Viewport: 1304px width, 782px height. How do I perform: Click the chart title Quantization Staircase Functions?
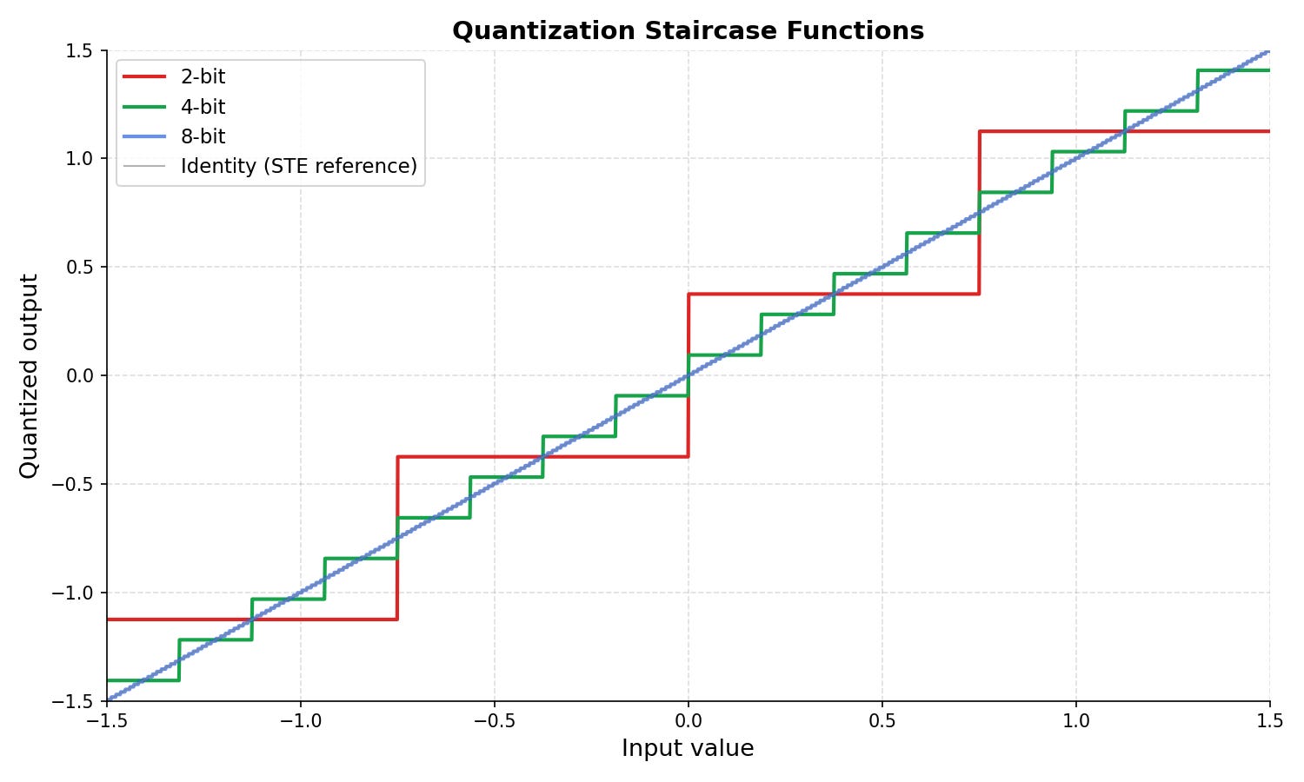point(689,30)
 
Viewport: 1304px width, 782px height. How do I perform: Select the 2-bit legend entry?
point(174,76)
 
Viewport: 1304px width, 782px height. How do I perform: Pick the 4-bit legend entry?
point(174,107)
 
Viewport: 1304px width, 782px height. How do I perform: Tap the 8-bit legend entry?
point(174,136)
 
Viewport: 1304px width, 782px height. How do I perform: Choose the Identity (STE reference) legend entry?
point(270,167)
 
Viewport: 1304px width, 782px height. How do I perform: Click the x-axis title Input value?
point(689,748)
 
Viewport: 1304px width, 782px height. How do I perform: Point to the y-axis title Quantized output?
point(28,376)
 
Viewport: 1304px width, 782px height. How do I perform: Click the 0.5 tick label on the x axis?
point(882,721)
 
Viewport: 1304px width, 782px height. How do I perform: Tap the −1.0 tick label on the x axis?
point(301,721)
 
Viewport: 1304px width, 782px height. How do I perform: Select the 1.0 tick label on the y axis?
point(79,158)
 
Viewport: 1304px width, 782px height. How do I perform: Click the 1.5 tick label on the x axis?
point(1269,721)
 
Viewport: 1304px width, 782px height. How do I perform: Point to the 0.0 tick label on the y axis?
point(79,376)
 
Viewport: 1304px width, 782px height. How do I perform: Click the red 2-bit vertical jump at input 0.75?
point(980,212)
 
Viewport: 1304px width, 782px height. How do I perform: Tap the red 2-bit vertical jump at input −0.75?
point(397,538)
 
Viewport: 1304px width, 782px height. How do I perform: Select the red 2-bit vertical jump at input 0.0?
point(689,375)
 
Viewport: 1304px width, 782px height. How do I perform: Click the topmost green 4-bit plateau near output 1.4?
point(1234,70)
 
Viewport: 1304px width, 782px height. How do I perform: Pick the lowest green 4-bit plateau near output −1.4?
point(143,680)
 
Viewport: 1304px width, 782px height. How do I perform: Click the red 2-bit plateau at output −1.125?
point(252,620)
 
